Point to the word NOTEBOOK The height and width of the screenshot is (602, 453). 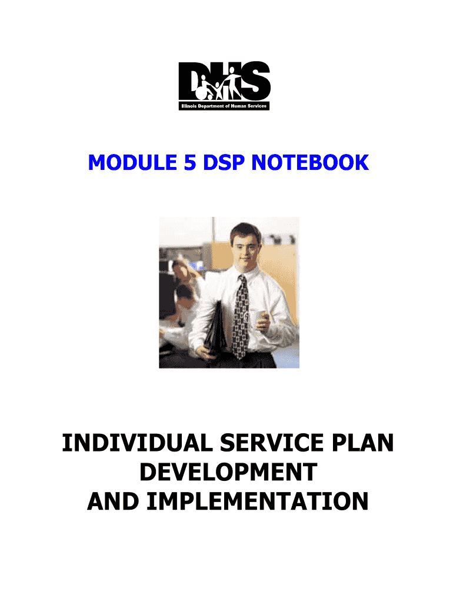point(310,163)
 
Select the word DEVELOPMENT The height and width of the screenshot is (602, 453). point(228,472)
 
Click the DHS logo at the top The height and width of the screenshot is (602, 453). point(224,86)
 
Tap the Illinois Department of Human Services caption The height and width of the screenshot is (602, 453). point(224,106)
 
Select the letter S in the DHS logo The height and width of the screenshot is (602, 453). point(257,81)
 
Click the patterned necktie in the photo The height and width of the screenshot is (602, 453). point(240,317)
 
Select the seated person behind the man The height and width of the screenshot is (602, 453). point(184,294)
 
